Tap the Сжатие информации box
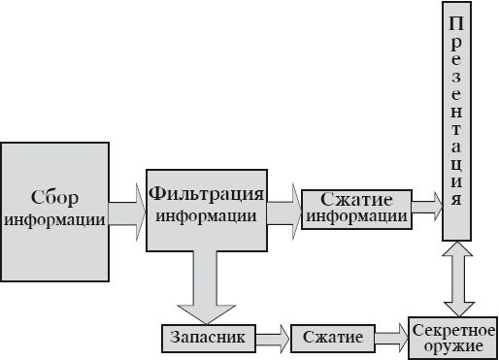coord(355,207)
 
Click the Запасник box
coord(209,337)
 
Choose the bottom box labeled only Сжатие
coord(333,337)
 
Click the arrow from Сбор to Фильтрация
coord(126,213)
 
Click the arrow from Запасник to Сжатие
coord(273,337)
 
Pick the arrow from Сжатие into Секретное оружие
coord(391,337)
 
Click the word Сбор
coord(54,193)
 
